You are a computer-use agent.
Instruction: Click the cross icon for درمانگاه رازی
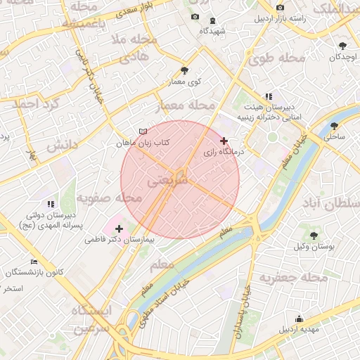click(224, 141)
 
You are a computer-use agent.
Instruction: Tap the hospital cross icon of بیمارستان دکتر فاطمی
click(119, 229)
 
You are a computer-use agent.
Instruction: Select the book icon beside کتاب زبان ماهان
click(143, 131)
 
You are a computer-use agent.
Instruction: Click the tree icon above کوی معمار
click(184, 70)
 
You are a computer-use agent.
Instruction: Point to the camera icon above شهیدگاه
click(195, 17)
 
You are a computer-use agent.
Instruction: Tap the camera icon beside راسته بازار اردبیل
click(281, 7)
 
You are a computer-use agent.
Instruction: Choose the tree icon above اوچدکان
click(342, 46)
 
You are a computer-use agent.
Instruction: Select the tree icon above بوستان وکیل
click(314, 236)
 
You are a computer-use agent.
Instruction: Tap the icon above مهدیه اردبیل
click(300, 318)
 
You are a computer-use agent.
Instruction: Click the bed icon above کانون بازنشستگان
click(34, 262)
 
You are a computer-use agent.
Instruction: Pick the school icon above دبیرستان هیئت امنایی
click(268, 96)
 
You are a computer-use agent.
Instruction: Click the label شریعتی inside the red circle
click(167, 181)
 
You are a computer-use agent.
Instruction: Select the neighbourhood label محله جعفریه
click(294, 278)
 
